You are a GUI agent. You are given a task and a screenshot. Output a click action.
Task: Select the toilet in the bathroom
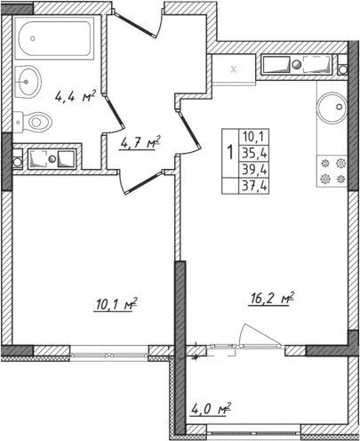pos(34,119)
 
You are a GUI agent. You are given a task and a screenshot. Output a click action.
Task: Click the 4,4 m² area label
pos(76,96)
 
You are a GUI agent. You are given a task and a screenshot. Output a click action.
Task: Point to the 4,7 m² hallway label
pos(140,140)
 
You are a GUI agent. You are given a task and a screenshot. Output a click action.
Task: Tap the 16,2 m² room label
pos(270,300)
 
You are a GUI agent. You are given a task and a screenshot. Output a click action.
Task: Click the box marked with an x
pos(235,68)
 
